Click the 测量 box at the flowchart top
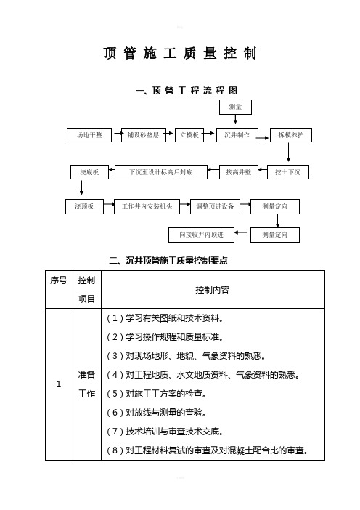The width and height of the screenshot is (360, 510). click(x=235, y=107)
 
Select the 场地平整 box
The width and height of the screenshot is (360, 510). click(x=89, y=135)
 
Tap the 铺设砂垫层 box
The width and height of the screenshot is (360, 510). click(x=143, y=135)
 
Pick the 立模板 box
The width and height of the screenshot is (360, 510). click(x=189, y=135)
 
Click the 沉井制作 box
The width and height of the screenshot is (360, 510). click(x=237, y=135)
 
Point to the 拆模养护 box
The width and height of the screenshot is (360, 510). click(x=291, y=135)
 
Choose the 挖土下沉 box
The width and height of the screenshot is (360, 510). click(x=288, y=172)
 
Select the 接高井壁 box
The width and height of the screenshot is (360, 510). click(x=239, y=172)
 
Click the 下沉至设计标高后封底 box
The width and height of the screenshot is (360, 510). click(x=161, y=172)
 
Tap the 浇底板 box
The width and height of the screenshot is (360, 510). click(x=89, y=172)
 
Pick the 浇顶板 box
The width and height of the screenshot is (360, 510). click(x=84, y=206)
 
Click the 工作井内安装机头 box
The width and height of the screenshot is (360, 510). click(x=147, y=206)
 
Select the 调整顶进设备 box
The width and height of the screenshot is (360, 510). click(x=215, y=206)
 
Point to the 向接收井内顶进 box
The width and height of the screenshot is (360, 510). click(x=202, y=235)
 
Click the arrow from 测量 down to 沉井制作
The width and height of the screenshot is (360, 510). click(x=236, y=119)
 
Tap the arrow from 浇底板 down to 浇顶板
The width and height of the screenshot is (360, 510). click(x=81, y=187)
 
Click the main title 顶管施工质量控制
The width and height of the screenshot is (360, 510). click(x=180, y=53)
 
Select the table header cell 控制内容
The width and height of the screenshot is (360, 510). click(x=213, y=289)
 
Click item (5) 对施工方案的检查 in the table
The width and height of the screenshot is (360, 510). click(x=157, y=394)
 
